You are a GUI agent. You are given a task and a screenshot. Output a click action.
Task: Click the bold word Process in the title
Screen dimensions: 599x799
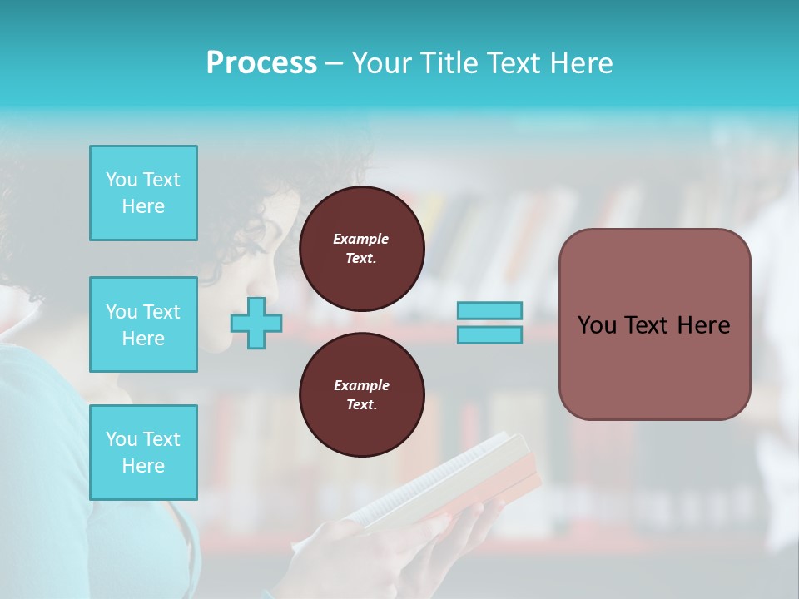tap(261, 63)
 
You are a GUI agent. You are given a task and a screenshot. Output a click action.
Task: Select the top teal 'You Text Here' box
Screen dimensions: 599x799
tap(143, 193)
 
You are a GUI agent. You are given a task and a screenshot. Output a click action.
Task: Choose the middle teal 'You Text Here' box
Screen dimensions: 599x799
tap(143, 324)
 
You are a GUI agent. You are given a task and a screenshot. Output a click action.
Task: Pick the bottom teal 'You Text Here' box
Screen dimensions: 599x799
tap(143, 453)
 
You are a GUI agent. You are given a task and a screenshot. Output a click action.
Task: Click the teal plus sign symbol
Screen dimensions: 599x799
tap(256, 323)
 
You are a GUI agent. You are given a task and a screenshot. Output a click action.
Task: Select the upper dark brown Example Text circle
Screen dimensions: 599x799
tap(361, 249)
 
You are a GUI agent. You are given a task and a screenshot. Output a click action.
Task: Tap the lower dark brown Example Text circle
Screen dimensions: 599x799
tap(361, 395)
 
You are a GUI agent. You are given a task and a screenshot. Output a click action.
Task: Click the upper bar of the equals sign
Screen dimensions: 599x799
tap(489, 310)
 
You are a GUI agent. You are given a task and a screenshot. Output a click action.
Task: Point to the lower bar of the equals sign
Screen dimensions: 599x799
tap(489, 335)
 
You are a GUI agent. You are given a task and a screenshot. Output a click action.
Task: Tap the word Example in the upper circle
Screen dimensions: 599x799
tap(361, 239)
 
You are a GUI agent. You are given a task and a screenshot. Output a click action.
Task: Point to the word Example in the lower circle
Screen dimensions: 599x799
tap(361, 385)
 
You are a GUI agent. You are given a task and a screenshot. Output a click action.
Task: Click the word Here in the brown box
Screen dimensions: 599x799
tap(703, 325)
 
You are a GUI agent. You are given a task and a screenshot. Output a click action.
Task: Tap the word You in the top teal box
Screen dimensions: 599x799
tap(121, 180)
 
